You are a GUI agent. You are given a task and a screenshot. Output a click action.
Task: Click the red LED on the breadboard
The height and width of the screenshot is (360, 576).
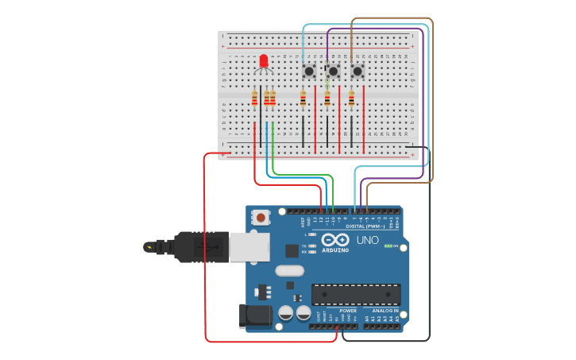tap(264, 60)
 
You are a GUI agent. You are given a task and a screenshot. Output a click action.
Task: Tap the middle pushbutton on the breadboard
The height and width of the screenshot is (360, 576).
tap(333, 72)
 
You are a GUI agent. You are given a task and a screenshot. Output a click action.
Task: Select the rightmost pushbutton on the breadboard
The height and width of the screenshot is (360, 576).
tap(358, 72)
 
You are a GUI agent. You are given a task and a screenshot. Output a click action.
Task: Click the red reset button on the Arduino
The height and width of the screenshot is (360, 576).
tap(261, 217)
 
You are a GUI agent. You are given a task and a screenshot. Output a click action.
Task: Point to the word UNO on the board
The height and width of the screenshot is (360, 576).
tap(367, 240)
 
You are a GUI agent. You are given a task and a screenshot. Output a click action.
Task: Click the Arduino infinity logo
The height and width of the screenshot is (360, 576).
tap(334, 239)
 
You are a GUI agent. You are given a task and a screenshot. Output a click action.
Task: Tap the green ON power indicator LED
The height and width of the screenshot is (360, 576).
tap(387, 246)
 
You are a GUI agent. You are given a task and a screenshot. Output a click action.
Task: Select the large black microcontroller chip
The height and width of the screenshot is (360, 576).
tap(355, 294)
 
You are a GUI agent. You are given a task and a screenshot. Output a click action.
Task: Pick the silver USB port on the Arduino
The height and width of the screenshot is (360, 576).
tap(249, 246)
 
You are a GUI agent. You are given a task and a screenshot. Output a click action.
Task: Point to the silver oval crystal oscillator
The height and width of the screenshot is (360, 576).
tap(290, 270)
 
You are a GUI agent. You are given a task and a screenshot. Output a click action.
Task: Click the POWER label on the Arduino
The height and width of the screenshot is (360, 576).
tap(348, 311)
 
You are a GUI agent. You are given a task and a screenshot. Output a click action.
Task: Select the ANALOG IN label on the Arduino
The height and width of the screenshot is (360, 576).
tap(385, 311)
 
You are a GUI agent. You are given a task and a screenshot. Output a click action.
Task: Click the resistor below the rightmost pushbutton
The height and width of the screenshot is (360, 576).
tap(351, 99)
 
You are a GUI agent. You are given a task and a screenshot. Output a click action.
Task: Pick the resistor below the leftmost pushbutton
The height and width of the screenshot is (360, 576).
tap(303, 99)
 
